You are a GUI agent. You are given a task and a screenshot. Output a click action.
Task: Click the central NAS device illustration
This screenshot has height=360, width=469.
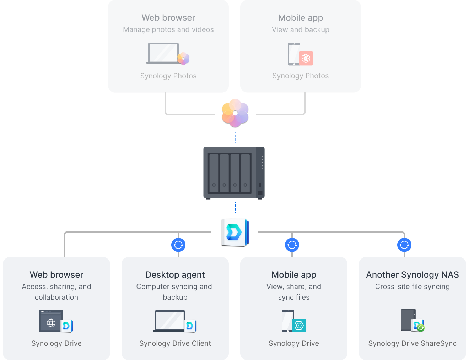coord(234,173)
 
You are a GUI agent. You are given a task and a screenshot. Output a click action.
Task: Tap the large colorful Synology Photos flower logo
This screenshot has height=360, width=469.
coord(235,113)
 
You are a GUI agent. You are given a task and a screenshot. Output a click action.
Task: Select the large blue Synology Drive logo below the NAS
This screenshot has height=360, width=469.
coord(235,232)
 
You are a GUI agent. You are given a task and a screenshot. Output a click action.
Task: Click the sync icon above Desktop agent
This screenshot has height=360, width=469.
coord(178,245)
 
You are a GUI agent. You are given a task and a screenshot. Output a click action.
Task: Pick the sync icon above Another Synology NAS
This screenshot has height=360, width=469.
coord(404,245)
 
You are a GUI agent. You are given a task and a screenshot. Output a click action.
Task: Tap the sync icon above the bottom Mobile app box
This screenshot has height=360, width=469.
coord(292,245)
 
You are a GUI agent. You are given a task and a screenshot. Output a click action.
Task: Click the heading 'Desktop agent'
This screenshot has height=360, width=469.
coord(175,275)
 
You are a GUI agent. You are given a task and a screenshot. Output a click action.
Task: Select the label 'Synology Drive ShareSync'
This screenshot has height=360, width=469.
coord(412,343)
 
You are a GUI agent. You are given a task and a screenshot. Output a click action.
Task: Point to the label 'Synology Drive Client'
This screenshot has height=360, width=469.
coord(175,343)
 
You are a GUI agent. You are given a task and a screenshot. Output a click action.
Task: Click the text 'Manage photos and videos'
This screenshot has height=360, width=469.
coord(168,30)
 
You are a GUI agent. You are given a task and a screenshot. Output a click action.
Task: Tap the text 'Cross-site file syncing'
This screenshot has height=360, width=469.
coord(412,287)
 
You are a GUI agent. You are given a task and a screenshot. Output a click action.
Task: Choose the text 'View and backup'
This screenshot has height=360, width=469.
coord(301,30)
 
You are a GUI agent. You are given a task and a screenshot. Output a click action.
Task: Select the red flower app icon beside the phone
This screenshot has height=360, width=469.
coord(306,58)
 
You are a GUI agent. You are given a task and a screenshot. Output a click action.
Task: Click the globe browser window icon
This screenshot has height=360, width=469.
coord(51,321)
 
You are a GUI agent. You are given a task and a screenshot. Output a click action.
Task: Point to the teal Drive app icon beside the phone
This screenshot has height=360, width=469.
coord(299,325)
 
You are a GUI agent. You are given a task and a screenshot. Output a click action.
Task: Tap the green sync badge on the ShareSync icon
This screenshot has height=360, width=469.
coord(421,328)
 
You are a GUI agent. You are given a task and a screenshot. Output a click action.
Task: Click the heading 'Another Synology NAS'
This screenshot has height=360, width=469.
coord(412,275)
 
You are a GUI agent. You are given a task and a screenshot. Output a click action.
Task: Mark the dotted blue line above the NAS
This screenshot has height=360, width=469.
coord(235,138)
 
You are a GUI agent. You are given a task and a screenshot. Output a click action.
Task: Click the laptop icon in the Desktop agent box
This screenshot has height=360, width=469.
coord(170,321)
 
